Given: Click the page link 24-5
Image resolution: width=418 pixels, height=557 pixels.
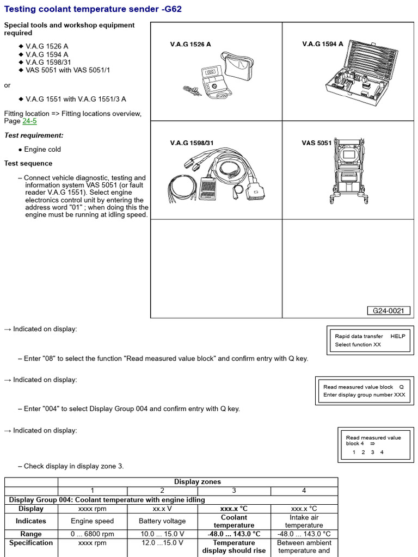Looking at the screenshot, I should pyautogui.click(x=29, y=121).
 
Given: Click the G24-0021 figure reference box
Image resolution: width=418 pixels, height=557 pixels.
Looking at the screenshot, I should pyautogui.click(x=388, y=311).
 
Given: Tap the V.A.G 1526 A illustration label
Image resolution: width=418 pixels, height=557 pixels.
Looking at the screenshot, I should pyautogui.click(x=190, y=45).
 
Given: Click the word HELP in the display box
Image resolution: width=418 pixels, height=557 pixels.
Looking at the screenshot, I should pyautogui.click(x=398, y=336).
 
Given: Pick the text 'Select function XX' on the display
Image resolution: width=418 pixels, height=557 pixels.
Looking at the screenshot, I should pyautogui.click(x=358, y=345).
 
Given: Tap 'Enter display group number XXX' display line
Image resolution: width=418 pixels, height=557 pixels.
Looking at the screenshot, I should pyautogui.click(x=364, y=395).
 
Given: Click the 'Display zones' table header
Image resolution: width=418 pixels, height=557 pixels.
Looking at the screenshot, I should pyautogui.click(x=198, y=482).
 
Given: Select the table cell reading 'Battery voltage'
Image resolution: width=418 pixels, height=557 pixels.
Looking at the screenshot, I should pyautogui.click(x=162, y=521).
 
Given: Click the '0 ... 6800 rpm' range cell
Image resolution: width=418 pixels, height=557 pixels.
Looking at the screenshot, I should pyautogui.click(x=93, y=534).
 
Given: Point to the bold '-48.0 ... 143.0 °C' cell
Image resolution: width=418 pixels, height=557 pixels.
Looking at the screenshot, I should pyautogui.click(x=234, y=534).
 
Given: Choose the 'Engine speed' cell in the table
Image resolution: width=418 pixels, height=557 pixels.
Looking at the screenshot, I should pyautogui.click(x=93, y=521).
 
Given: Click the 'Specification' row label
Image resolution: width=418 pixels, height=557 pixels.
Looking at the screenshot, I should pyautogui.click(x=31, y=543).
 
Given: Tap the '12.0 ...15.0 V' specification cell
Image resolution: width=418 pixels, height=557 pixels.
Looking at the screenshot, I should pyautogui.click(x=162, y=543).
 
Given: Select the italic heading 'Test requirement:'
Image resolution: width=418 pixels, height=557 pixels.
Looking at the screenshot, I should pyautogui.click(x=34, y=135).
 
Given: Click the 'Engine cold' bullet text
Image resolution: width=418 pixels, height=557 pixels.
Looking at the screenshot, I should pyautogui.click(x=42, y=150).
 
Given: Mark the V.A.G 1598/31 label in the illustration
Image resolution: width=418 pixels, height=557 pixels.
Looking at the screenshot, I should pyautogui.click(x=192, y=143).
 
